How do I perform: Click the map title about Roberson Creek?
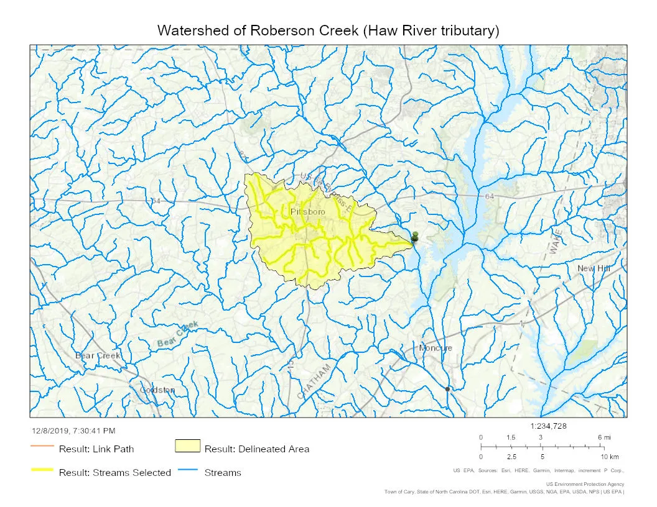[x=328, y=30]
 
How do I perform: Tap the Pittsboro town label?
[x=307, y=212]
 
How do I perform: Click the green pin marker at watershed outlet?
[x=415, y=236]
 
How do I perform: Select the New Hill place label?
[x=594, y=268]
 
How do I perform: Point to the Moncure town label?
[x=436, y=348]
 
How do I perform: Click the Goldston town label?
[x=157, y=390]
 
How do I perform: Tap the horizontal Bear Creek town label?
[x=98, y=355]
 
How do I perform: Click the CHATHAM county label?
[x=315, y=381]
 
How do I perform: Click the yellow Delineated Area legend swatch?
[x=187, y=446]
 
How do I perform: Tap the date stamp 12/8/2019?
[x=73, y=431]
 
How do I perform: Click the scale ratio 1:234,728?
[x=548, y=426]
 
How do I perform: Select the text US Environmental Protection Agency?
[x=585, y=484]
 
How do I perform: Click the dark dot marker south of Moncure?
[x=447, y=389]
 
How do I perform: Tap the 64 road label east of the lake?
[x=490, y=196]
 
